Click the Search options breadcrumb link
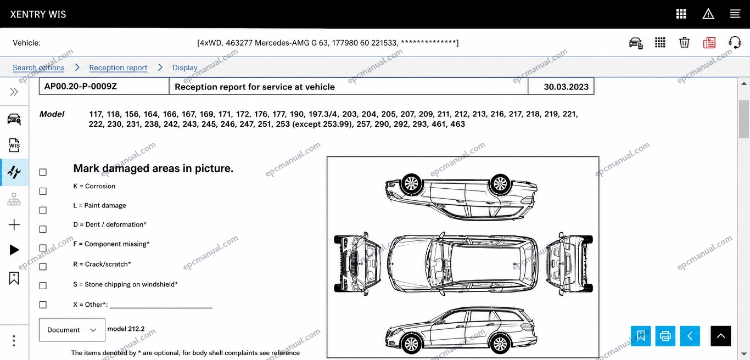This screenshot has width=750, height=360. (38, 67)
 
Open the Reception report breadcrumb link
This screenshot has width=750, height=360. (118, 67)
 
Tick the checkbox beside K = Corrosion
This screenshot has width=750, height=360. (43, 191)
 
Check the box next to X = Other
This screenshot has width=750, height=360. (43, 305)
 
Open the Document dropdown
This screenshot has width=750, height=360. (72, 330)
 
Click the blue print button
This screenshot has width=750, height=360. (665, 336)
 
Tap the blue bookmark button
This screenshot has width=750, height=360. (641, 336)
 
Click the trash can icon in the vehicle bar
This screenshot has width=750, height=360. (684, 42)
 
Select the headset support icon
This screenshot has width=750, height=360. (735, 42)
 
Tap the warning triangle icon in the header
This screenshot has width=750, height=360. (708, 14)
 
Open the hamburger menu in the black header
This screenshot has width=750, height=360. (735, 14)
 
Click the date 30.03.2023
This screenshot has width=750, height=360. (566, 87)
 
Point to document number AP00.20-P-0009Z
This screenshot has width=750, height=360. (80, 86)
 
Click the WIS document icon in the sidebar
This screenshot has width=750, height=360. (14, 145)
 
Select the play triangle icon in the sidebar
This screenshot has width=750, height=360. (14, 250)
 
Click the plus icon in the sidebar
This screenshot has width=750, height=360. (14, 225)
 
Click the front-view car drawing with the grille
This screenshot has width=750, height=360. (357, 264)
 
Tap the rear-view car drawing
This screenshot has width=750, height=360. (569, 264)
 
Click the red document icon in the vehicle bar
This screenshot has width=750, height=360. (709, 42)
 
